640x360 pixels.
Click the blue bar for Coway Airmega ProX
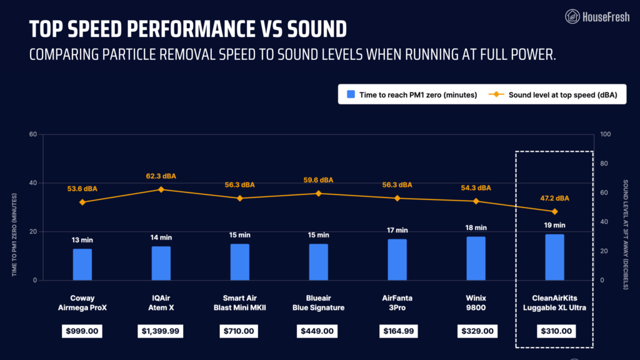coord(82,264)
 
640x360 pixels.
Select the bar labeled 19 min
coord(554,257)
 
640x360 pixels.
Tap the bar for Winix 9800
coord(476,258)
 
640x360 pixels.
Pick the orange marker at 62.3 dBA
coord(161,189)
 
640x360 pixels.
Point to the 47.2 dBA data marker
coord(554,211)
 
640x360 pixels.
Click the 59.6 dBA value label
coord(318,180)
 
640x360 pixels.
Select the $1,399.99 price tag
coord(161,331)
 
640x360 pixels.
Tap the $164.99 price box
coord(397,331)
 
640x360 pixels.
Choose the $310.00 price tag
coord(554,331)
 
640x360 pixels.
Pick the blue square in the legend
coord(351,94)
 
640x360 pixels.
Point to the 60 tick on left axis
coord(33,134)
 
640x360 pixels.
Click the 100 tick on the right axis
coord(605,134)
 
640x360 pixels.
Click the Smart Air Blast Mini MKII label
coord(239,302)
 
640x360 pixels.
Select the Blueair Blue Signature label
coord(318,302)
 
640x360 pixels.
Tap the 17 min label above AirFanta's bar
coord(397,230)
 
